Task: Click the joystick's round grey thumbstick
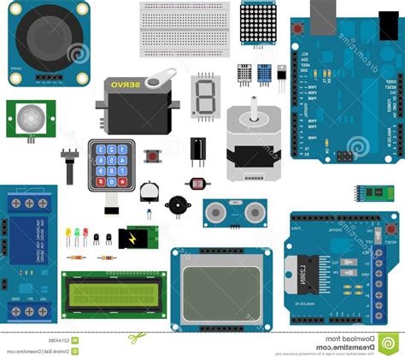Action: click(x=48, y=38)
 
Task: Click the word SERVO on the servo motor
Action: click(x=128, y=88)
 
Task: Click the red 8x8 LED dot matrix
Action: click(x=259, y=23)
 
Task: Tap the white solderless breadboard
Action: click(x=184, y=27)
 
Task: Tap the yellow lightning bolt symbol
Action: click(x=133, y=239)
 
